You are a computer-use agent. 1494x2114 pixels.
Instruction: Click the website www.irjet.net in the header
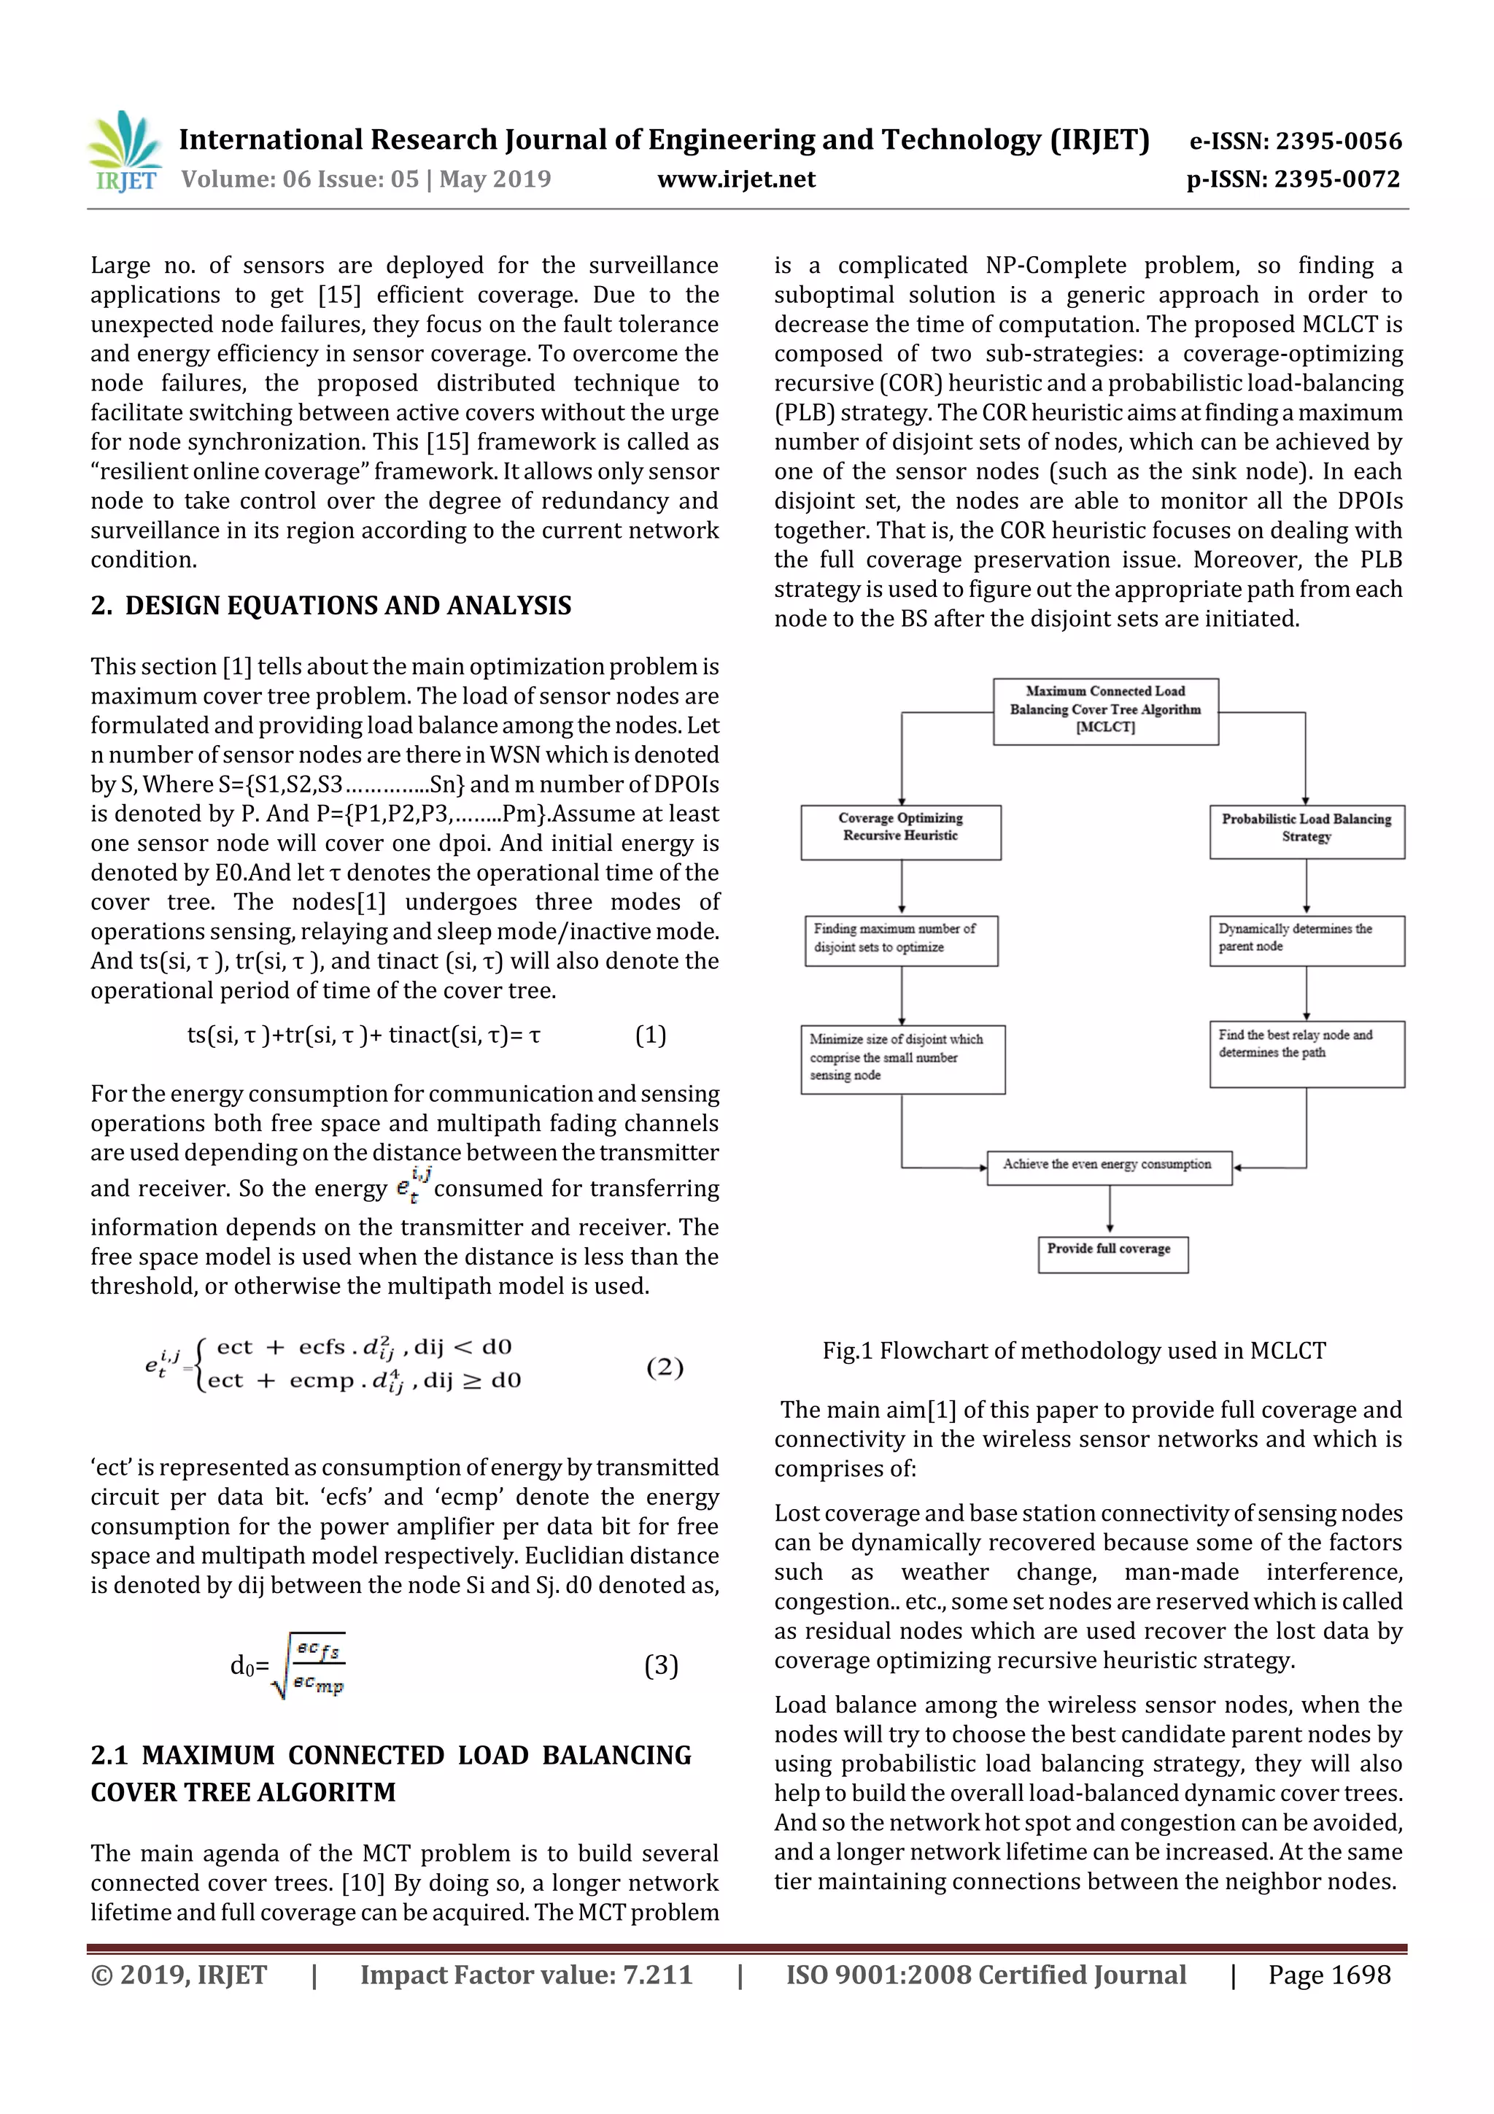click(735, 180)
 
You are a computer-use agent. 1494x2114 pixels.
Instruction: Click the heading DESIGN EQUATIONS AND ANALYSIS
click(347, 606)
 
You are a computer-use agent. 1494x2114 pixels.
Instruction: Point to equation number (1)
click(650, 1035)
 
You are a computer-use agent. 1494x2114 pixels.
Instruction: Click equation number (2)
click(664, 1367)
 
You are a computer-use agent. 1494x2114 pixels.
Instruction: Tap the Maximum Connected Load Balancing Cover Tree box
click(1104, 711)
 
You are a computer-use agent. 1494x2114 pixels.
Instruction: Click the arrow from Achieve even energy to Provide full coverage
click(1110, 1210)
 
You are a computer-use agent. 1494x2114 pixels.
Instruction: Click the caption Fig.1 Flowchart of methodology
click(1073, 1351)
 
